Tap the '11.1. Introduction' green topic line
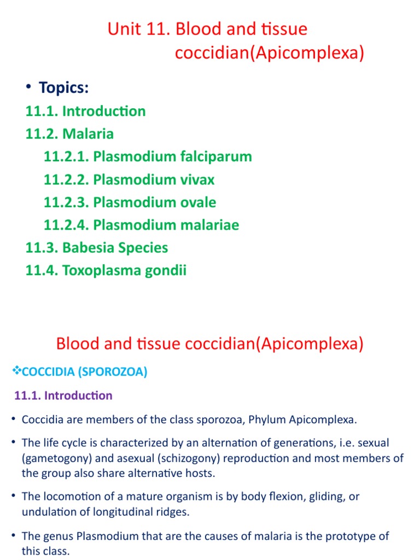[x=85, y=112]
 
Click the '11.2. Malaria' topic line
[x=69, y=134]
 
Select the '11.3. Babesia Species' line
[x=97, y=248]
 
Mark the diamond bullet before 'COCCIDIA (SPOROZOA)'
[x=15, y=372]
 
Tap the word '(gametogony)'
[x=52, y=458]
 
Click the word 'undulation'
[x=48, y=512]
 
